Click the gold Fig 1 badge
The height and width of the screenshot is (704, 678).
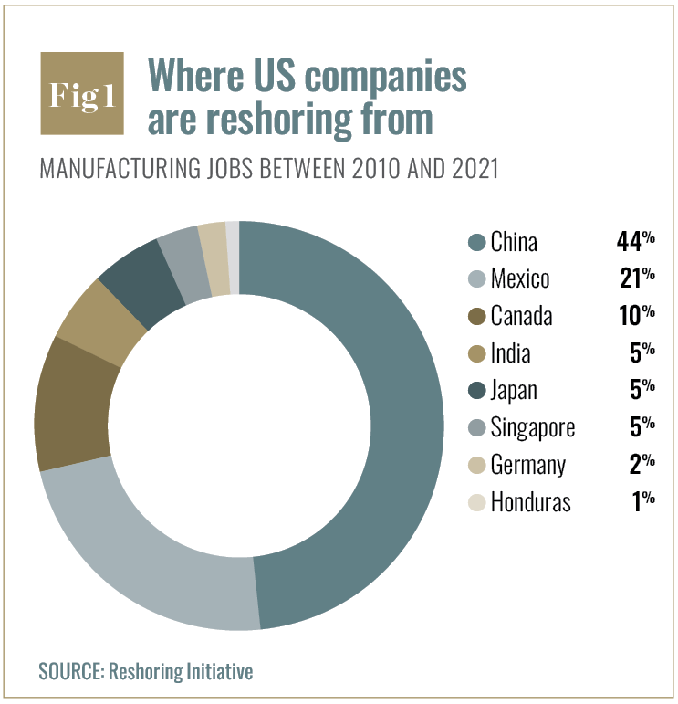[82, 94]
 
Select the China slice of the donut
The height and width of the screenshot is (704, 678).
[402, 411]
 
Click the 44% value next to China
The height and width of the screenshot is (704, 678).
[636, 242]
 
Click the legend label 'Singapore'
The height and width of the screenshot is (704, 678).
[532, 428]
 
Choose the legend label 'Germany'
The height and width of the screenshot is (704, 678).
[528, 465]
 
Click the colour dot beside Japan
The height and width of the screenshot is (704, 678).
[477, 391]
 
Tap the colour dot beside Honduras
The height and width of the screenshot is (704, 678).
[477, 503]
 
